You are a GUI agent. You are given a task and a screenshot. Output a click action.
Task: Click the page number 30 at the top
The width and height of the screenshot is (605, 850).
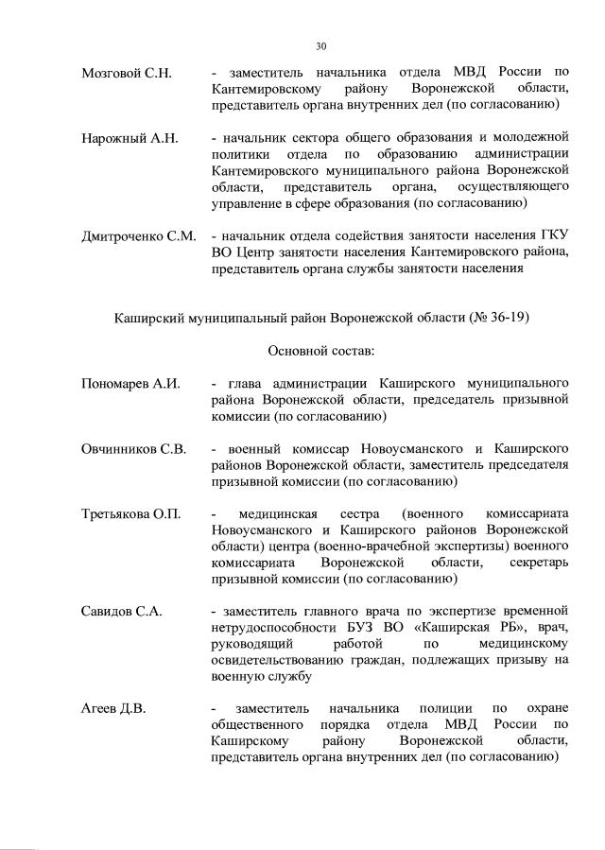tap(320, 44)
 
